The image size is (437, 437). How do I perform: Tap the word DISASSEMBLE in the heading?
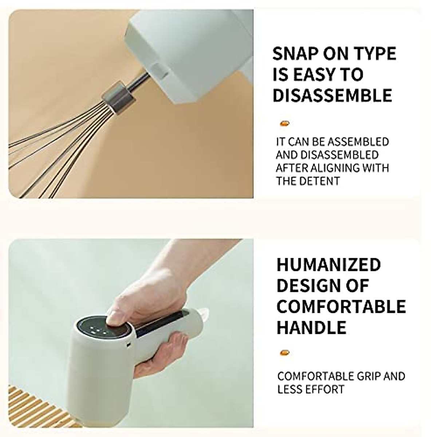(x=332, y=95)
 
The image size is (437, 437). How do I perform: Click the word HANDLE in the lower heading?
(x=311, y=327)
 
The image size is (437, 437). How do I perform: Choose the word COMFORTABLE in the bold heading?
(x=341, y=306)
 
